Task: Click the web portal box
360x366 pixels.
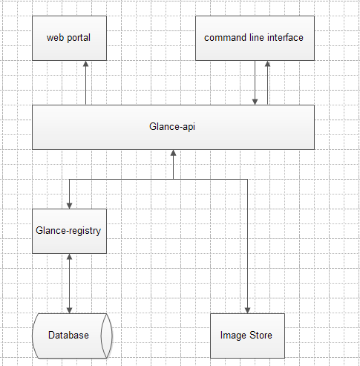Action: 70,39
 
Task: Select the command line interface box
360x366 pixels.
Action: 255,39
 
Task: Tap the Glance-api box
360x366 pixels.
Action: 173,127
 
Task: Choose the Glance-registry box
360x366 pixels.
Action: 70,231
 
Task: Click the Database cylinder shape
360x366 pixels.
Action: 72,336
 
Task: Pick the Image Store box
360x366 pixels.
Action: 247,336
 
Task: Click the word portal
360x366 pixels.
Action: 79,38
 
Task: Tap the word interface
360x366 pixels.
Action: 285,38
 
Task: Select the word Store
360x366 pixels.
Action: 261,335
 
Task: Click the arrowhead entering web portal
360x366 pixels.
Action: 85,64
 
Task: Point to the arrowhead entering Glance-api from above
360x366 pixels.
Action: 255,102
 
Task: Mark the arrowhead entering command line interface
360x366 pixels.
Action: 267,64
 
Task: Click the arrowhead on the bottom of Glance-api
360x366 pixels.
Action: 173,153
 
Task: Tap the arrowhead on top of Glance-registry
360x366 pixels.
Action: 69,206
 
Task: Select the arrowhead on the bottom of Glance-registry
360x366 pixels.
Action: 69,257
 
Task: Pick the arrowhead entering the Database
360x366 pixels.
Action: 69,310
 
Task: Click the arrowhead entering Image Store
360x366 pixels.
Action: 247,310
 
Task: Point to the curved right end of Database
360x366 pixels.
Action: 107,336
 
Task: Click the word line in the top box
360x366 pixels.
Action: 257,38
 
